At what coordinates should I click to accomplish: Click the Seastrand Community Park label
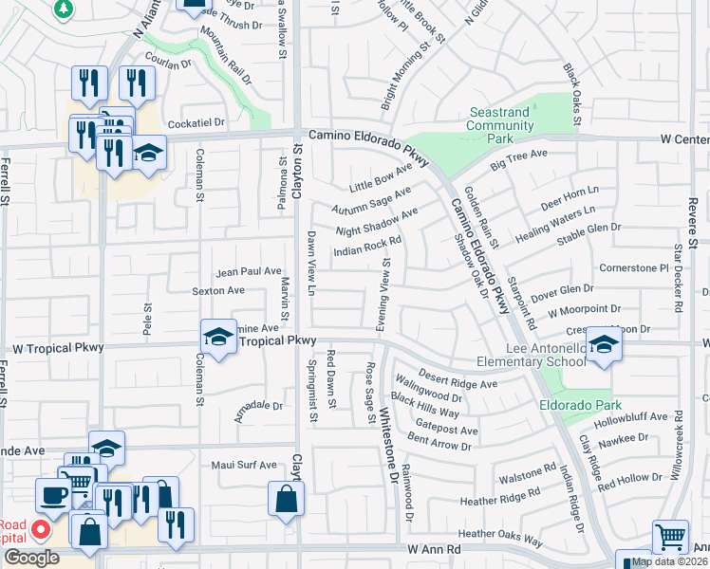(x=499, y=124)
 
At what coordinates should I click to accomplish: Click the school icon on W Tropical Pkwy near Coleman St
(x=217, y=338)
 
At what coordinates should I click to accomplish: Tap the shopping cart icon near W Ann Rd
(x=670, y=538)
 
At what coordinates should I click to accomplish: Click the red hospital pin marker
(x=41, y=529)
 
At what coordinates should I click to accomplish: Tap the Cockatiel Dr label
(x=195, y=123)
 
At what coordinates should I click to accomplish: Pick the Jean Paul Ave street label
(x=249, y=271)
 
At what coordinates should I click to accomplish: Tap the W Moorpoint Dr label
(x=584, y=309)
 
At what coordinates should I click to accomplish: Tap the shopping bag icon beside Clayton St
(x=286, y=498)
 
